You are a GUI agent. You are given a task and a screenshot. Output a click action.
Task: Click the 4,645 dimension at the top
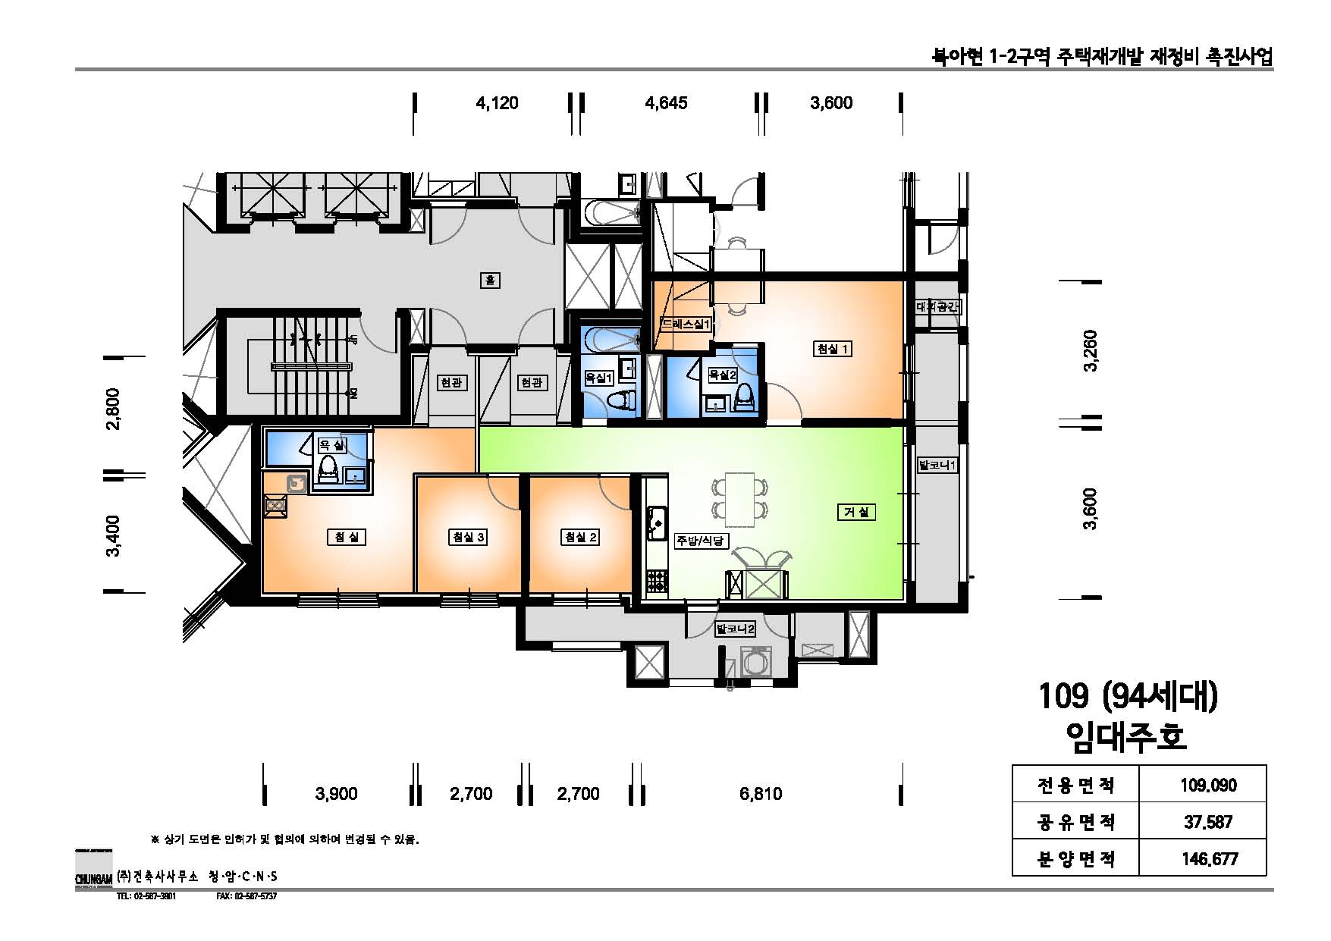pyautogui.click(x=666, y=103)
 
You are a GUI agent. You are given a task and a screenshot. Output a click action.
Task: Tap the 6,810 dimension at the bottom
pyautogui.click(x=760, y=794)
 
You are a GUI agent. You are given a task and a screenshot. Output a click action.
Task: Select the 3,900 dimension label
pyautogui.click(x=336, y=794)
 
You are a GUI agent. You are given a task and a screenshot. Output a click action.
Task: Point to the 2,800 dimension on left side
pyautogui.click(x=113, y=409)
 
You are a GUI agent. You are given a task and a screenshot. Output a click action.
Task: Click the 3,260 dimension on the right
pyautogui.click(x=1091, y=350)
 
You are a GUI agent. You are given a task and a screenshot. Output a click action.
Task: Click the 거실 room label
pyautogui.click(x=856, y=513)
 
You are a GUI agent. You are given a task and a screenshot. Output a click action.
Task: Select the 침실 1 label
pyautogui.click(x=832, y=349)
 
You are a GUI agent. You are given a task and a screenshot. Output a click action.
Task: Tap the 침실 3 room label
pyautogui.click(x=468, y=537)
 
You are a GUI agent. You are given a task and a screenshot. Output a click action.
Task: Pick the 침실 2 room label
pyautogui.click(x=580, y=537)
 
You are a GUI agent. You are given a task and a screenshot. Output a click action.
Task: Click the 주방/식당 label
pyautogui.click(x=702, y=541)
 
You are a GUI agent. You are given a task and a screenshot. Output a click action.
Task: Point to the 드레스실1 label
pyautogui.click(x=685, y=324)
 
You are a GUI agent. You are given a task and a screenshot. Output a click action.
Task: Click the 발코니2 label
pyautogui.click(x=735, y=629)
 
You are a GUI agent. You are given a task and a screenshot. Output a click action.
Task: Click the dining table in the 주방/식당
pyautogui.click(x=740, y=499)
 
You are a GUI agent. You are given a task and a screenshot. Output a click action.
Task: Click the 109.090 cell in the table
pyautogui.click(x=1207, y=784)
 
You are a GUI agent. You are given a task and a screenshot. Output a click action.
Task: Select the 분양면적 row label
pyautogui.click(x=1075, y=858)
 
